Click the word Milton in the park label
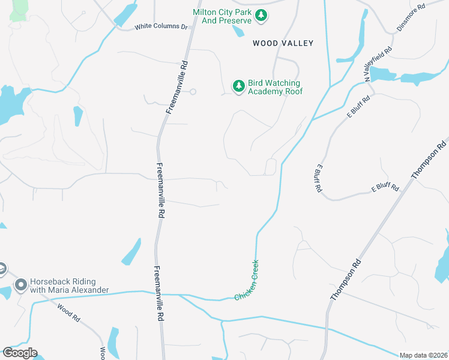coord(205,12)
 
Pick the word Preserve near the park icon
coord(235,20)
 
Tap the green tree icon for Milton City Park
coord(261,16)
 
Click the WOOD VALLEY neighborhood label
coord(283,43)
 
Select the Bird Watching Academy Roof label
coord(275,87)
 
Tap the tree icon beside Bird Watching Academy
coord(239,86)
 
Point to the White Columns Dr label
coord(161,27)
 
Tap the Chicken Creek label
coord(247,280)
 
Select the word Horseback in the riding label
coord(51,281)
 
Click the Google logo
coord(19,353)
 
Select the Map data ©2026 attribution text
coord(423,355)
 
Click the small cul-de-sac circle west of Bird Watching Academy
coord(193,92)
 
